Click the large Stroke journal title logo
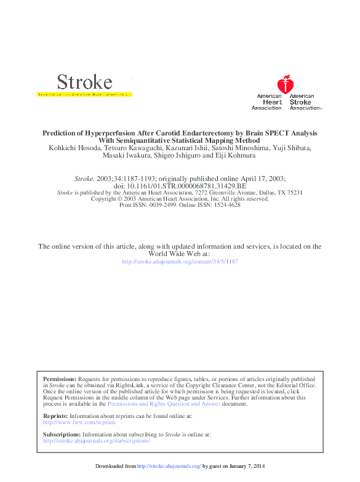[84, 82]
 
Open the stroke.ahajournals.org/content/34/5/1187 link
[180, 262]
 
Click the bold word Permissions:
[60, 379]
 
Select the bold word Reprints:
[55, 417]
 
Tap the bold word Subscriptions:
[62, 434]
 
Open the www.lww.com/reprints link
[79, 423]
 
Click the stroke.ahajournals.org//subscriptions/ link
[97, 441]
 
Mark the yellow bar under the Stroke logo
[84, 95]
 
